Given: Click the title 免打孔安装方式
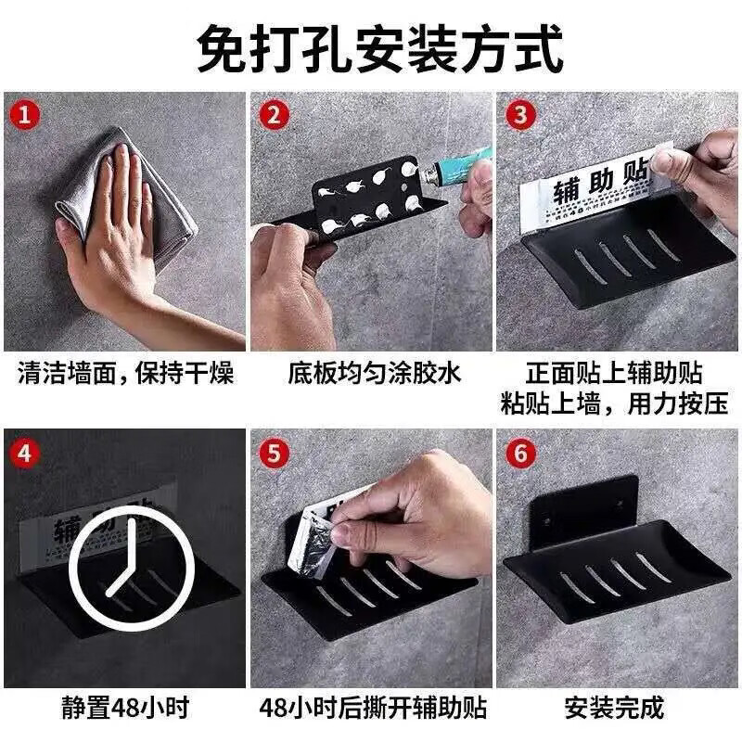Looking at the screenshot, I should click(379, 48).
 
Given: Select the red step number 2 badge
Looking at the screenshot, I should click(273, 117).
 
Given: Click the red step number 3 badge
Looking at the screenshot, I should click(519, 117).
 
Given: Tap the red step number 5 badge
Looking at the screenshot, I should click(273, 454).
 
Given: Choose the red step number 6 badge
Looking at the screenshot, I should click(519, 454).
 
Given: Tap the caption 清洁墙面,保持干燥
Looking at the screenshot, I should click(125, 375).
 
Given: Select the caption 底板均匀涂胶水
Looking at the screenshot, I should click(374, 375).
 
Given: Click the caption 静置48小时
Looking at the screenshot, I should click(125, 710).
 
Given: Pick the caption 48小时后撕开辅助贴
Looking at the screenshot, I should click(374, 710).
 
